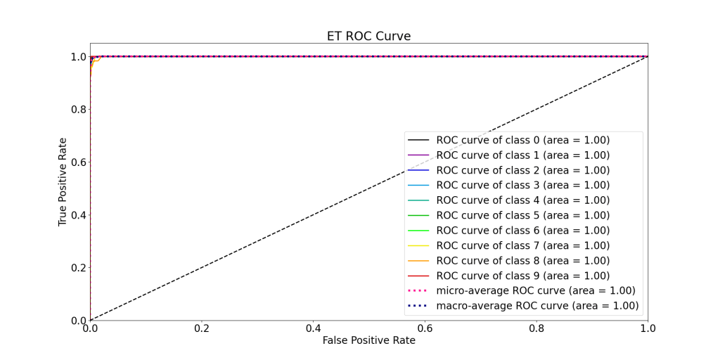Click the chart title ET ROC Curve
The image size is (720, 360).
(368, 36)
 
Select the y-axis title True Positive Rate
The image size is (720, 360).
(63, 181)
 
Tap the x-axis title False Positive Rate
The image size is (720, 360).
(368, 340)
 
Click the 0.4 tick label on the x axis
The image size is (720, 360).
(313, 328)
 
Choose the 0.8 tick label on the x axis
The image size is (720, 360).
(536, 328)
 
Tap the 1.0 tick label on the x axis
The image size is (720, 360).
(648, 328)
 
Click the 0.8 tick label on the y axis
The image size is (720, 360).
(78, 109)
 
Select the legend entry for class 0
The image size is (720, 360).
(522, 140)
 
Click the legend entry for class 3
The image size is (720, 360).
(522, 185)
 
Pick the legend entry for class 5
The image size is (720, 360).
(522, 215)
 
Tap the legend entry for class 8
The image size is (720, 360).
(522, 260)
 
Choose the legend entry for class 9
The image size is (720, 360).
(522, 276)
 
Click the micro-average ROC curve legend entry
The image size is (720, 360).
(535, 290)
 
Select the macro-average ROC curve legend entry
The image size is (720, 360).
(537, 306)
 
